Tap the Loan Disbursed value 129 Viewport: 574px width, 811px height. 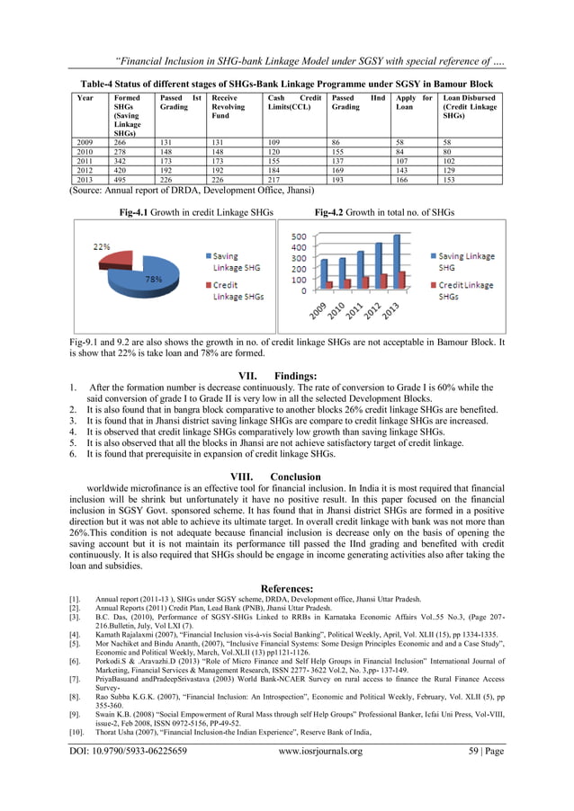tap(449, 171)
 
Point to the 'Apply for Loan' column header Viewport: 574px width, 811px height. tap(414, 102)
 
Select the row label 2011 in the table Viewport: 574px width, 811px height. tap(86, 161)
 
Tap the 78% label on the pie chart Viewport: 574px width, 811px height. tap(154, 280)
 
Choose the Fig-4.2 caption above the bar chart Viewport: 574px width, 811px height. tap(384, 212)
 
